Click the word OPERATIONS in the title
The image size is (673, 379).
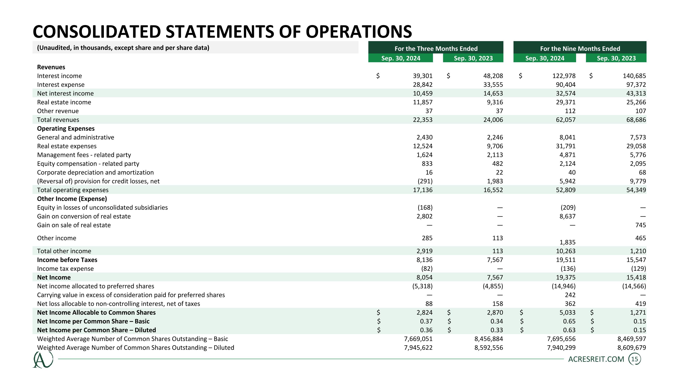pyautogui.click(x=358, y=32)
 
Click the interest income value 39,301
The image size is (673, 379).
pyautogui.click(x=422, y=76)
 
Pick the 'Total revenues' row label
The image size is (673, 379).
pyautogui.click(x=58, y=120)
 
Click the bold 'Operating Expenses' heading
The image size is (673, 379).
pyautogui.click(x=66, y=129)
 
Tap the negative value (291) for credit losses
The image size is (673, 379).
pyautogui.click(x=425, y=181)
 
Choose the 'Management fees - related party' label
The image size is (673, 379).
pyautogui.click(x=84, y=155)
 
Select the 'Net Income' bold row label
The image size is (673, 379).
pyautogui.click(x=54, y=277)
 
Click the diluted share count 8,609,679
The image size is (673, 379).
pyautogui.click(x=631, y=348)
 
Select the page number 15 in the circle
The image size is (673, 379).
pyautogui.click(x=634, y=359)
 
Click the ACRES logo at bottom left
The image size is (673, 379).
pyautogui.click(x=43, y=360)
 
